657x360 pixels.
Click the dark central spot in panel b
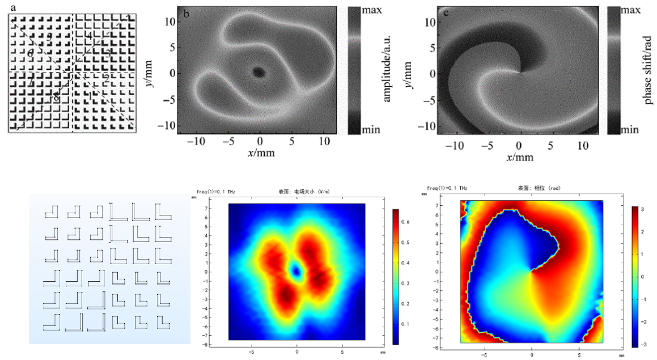[259, 72]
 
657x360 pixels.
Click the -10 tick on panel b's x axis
[195, 141]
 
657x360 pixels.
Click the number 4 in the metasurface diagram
[90, 36]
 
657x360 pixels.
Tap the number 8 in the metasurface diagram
[56, 98]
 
